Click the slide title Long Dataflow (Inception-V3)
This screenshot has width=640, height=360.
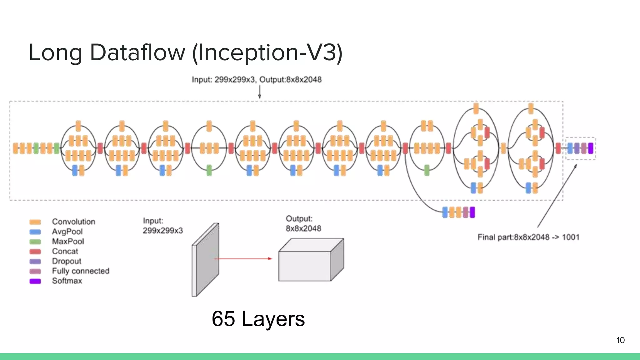[186, 52]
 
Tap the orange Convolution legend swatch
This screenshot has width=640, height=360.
[35, 222]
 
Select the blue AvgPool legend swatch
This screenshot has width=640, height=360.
[35, 232]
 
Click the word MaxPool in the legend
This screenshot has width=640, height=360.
[68, 242]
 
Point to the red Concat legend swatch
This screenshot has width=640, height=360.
[35, 252]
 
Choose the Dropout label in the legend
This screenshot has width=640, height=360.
[67, 261]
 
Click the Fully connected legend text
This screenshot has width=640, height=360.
[81, 271]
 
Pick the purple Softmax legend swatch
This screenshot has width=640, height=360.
[35, 281]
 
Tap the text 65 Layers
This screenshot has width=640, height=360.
[258, 319]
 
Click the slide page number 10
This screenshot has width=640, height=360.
[620, 340]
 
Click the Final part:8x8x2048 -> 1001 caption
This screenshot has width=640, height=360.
[528, 237]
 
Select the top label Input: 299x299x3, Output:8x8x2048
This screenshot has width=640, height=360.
[257, 80]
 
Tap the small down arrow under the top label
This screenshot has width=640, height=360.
[259, 93]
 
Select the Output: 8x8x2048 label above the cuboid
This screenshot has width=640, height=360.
[303, 224]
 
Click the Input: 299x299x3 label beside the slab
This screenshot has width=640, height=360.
[162, 226]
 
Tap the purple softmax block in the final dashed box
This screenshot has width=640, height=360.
[590, 148]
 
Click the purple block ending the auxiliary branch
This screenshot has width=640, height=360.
[472, 212]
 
